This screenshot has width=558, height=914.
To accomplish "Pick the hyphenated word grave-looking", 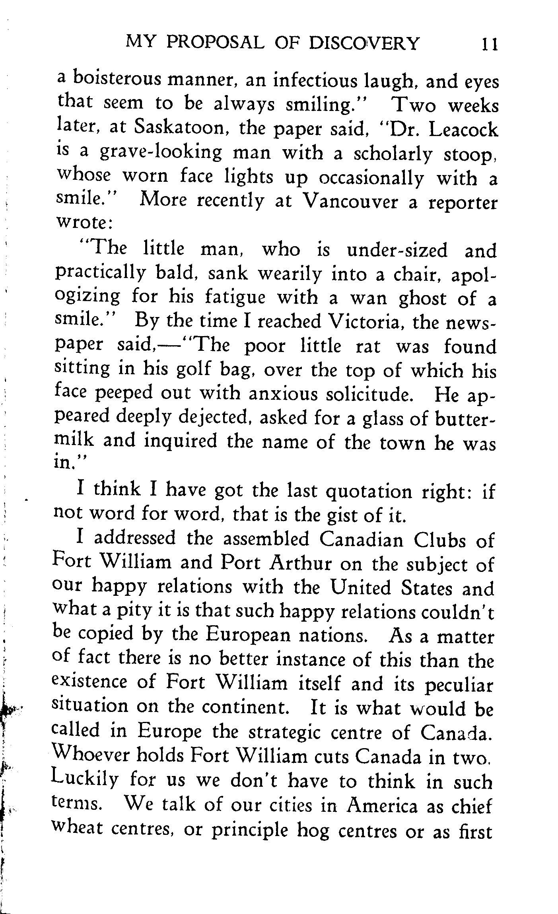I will pyautogui.click(x=161, y=153).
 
